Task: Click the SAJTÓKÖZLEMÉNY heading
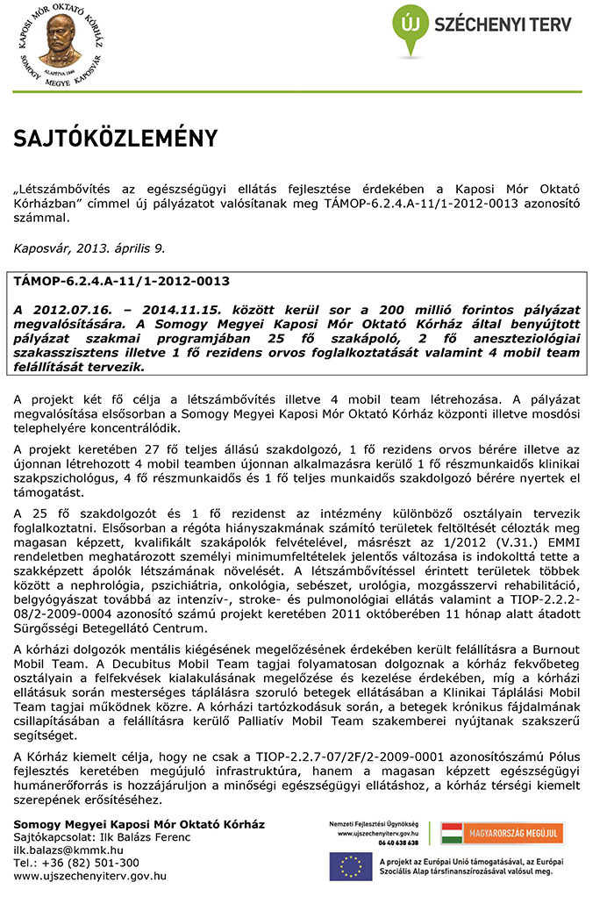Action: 115,139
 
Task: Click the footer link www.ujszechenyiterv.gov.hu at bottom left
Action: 90,875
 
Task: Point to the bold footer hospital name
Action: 139,824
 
